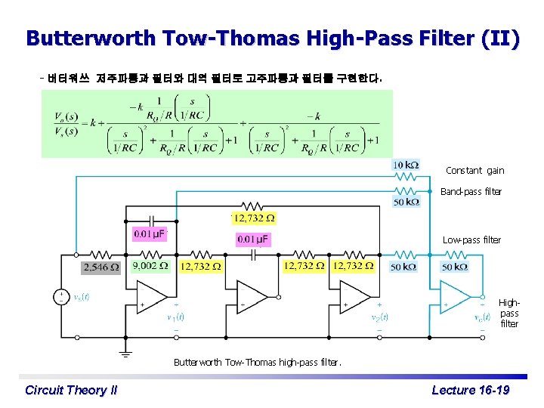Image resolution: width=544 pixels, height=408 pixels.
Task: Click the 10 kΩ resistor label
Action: click(x=406, y=165)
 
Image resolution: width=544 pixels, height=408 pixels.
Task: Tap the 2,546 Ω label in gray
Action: click(x=100, y=267)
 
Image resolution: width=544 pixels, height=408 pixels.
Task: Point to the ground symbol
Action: click(x=125, y=351)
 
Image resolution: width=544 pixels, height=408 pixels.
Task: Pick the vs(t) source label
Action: click(x=82, y=297)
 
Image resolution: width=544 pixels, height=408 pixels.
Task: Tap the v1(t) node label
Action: click(x=176, y=317)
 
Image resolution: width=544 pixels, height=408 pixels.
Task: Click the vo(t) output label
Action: click(x=482, y=317)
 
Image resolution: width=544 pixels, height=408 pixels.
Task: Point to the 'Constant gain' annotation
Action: click(x=474, y=171)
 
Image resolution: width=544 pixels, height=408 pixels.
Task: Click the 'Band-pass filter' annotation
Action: click(x=471, y=192)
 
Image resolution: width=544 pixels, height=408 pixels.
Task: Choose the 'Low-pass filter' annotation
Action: click(x=471, y=240)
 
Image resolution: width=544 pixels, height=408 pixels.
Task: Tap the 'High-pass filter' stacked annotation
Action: click(x=509, y=313)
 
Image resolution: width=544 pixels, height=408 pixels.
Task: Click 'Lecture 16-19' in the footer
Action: click(x=470, y=390)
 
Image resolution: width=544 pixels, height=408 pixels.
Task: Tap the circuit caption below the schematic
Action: click(x=257, y=362)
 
